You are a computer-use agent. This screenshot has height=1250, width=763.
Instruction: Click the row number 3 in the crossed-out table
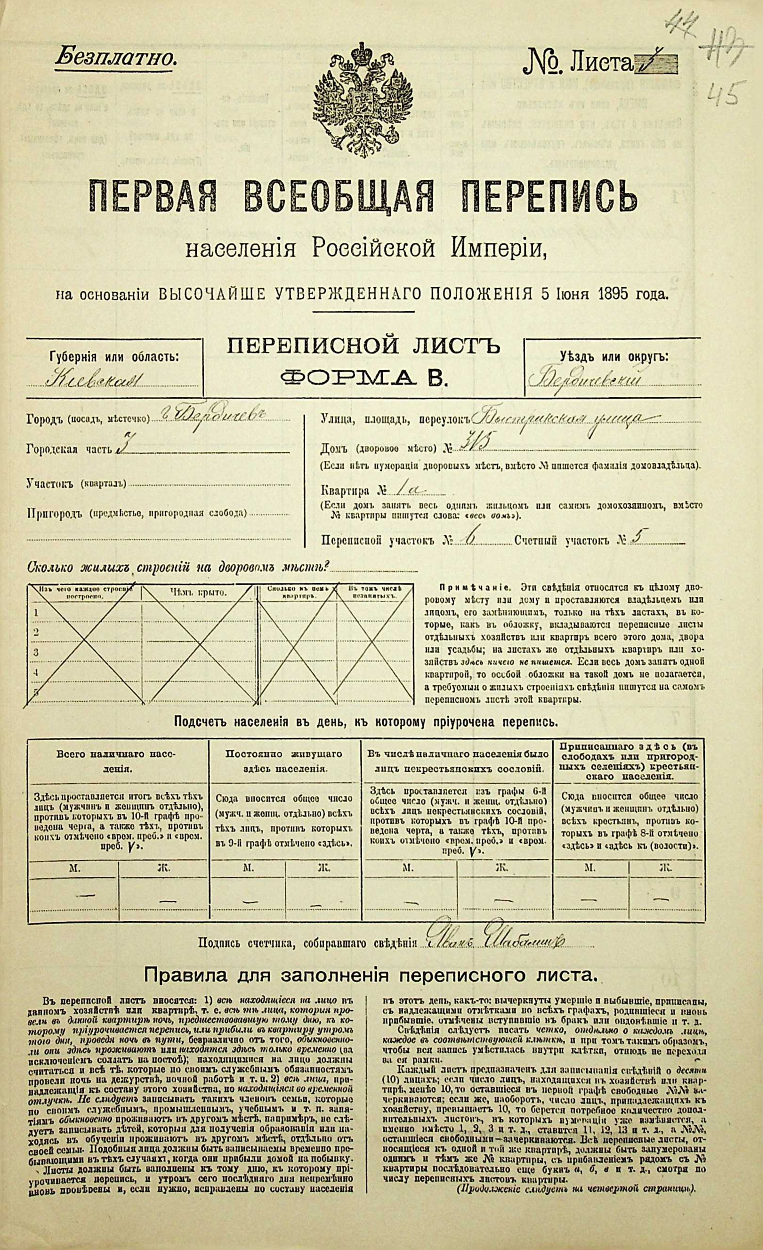(x=36, y=652)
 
